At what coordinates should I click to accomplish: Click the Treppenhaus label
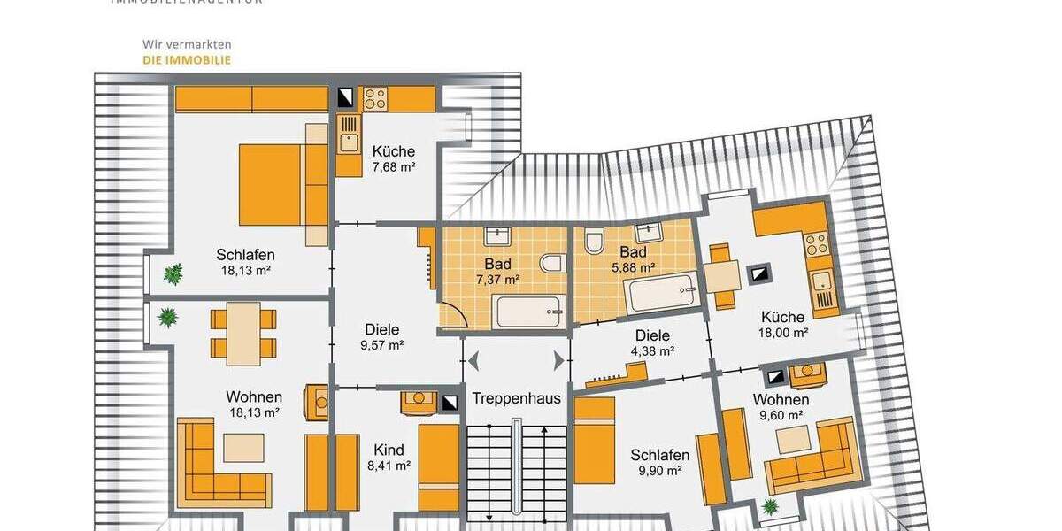click(x=516, y=398)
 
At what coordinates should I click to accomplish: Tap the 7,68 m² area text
click(x=394, y=166)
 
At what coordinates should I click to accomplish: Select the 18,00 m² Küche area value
click(x=787, y=333)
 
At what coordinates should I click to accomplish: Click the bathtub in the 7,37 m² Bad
click(x=528, y=312)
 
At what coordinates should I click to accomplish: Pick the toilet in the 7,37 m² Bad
click(x=552, y=263)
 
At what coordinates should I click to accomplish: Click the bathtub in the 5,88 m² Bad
click(x=662, y=292)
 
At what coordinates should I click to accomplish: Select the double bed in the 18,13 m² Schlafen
click(x=281, y=185)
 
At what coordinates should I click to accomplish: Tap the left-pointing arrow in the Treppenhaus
click(x=473, y=361)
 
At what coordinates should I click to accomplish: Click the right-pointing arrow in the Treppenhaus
click(x=558, y=361)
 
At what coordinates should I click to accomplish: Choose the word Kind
click(x=389, y=450)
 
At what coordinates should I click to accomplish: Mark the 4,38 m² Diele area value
click(x=654, y=350)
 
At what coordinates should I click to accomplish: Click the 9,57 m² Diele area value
click(x=381, y=344)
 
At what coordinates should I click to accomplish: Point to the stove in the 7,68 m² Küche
click(x=374, y=98)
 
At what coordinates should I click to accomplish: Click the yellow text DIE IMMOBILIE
click(x=187, y=60)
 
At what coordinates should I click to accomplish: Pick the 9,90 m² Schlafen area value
click(x=659, y=471)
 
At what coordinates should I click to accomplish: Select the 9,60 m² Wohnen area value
click(x=781, y=414)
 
